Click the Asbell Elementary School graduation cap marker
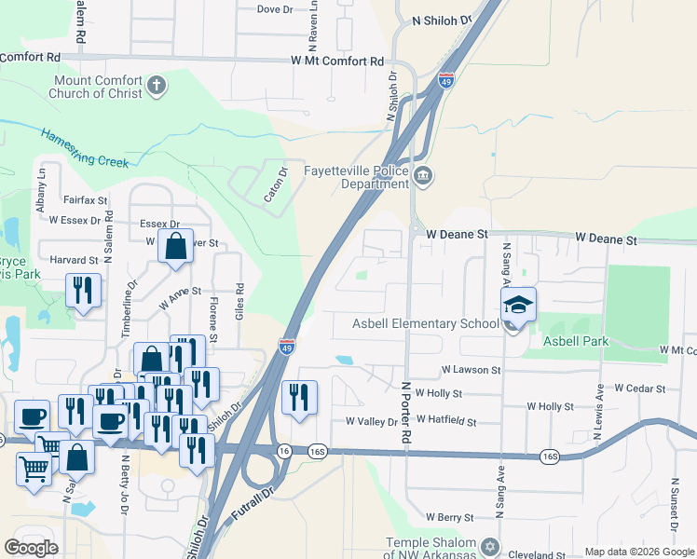coord(519,305)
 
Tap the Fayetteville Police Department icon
coord(423,176)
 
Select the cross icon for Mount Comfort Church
coord(157,87)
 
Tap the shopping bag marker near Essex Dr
coord(175,247)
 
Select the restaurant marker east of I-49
coord(299,397)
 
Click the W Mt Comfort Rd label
coord(337,61)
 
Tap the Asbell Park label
coord(577,341)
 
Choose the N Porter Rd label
coord(406,411)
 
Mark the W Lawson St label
coord(471,370)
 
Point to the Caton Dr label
coord(275,185)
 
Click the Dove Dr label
coord(274,9)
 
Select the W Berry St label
coord(450,516)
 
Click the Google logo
coord(32,548)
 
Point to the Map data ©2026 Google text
coord(638,552)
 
